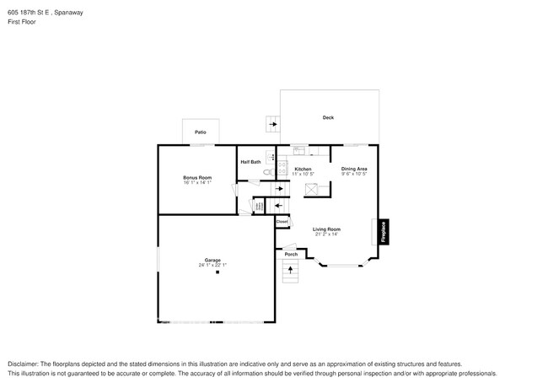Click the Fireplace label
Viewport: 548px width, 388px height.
pos(384,232)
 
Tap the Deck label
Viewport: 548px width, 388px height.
pos(328,118)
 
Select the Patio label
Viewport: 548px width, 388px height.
pos(201,132)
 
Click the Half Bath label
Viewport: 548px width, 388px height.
pos(250,161)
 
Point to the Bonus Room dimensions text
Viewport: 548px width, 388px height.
pos(197,182)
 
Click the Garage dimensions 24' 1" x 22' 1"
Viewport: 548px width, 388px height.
pos(212,265)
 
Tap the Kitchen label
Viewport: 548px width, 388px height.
pos(303,169)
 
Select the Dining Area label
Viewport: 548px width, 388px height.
pos(354,169)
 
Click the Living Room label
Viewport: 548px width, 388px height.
pos(326,229)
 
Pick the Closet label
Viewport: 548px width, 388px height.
pos(282,222)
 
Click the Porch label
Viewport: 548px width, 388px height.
pos(290,254)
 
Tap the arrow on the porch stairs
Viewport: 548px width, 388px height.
pos(292,271)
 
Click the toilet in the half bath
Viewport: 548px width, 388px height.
pos(266,172)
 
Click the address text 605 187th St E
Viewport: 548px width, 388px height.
pos(33,13)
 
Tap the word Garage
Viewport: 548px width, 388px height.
pos(212,260)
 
